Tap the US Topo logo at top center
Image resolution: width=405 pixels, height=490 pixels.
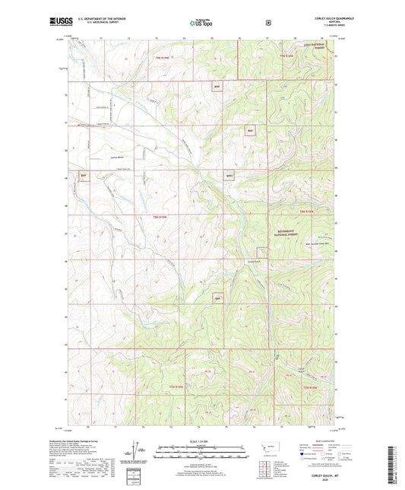click(201, 24)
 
